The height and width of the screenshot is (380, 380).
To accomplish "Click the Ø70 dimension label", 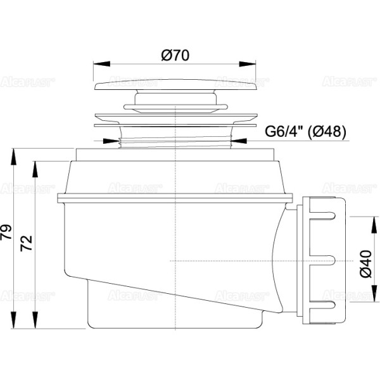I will [x=175, y=56].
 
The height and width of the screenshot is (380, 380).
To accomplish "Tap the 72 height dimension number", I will [x=27, y=241].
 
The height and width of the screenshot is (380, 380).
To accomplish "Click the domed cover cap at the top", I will [x=175, y=87].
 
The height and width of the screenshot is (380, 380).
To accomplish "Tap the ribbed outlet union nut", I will [x=327, y=260].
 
